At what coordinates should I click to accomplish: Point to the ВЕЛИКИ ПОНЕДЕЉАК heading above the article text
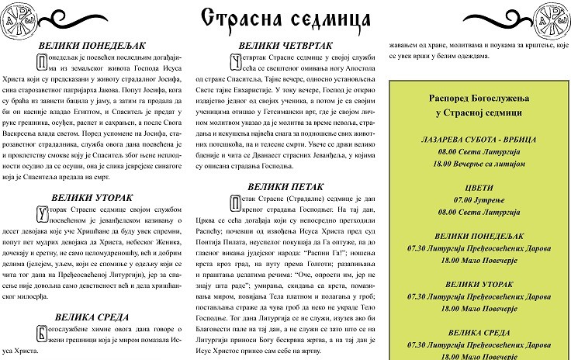(95, 46)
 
